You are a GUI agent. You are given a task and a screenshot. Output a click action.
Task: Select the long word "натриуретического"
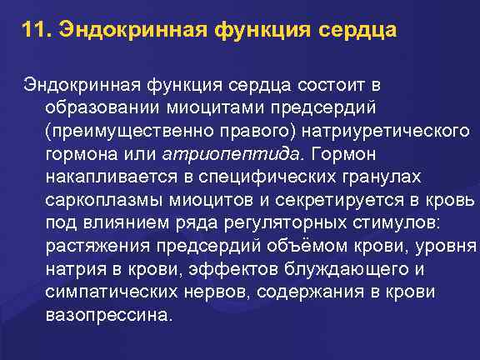pyautogui.click(x=387, y=132)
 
